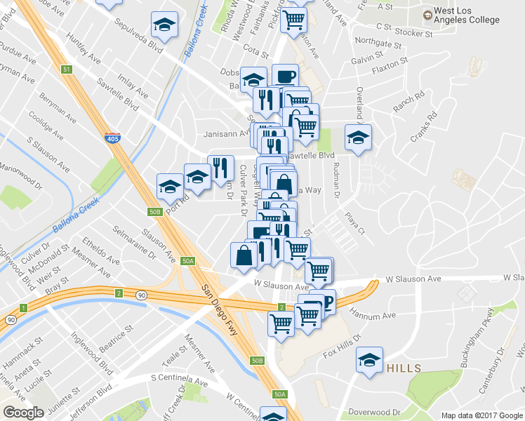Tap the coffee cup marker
coord(285,76)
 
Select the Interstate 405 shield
coord(112,138)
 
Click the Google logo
coord(23,413)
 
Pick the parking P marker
coord(326,300)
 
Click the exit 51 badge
coord(67,69)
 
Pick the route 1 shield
coord(24,308)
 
